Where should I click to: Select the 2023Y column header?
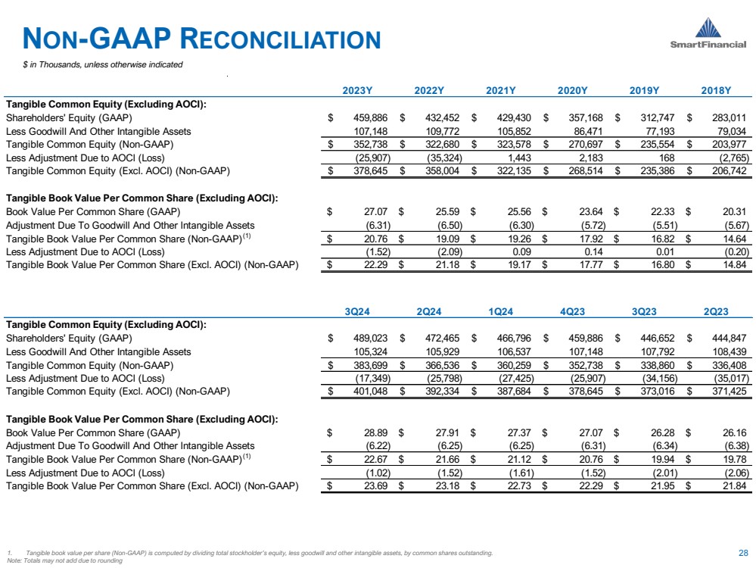point(358,91)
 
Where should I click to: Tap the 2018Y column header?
point(716,91)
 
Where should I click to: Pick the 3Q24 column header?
point(358,312)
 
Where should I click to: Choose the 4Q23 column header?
point(573,312)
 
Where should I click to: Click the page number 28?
point(742,553)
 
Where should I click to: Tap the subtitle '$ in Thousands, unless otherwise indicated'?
point(102,64)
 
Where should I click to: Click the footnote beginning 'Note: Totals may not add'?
point(64,560)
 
